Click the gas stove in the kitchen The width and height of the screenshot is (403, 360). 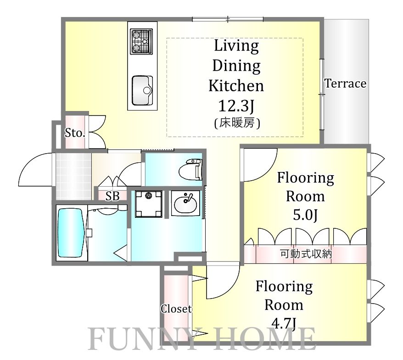click(141, 41)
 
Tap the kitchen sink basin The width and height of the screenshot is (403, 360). click(142, 90)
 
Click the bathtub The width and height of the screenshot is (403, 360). click(71, 233)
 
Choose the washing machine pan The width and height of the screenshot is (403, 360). click(149, 204)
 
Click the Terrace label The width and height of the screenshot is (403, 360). click(346, 83)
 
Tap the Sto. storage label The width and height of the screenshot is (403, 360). click(74, 133)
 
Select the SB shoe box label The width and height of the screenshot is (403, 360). click(112, 196)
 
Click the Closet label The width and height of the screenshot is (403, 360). click(176, 309)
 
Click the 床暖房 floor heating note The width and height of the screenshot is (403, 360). click(237, 123)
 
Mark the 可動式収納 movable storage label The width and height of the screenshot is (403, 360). click(306, 254)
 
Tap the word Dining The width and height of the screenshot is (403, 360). click(236, 66)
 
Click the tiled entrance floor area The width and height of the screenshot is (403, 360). click(73, 176)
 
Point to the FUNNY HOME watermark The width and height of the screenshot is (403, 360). click(202, 339)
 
